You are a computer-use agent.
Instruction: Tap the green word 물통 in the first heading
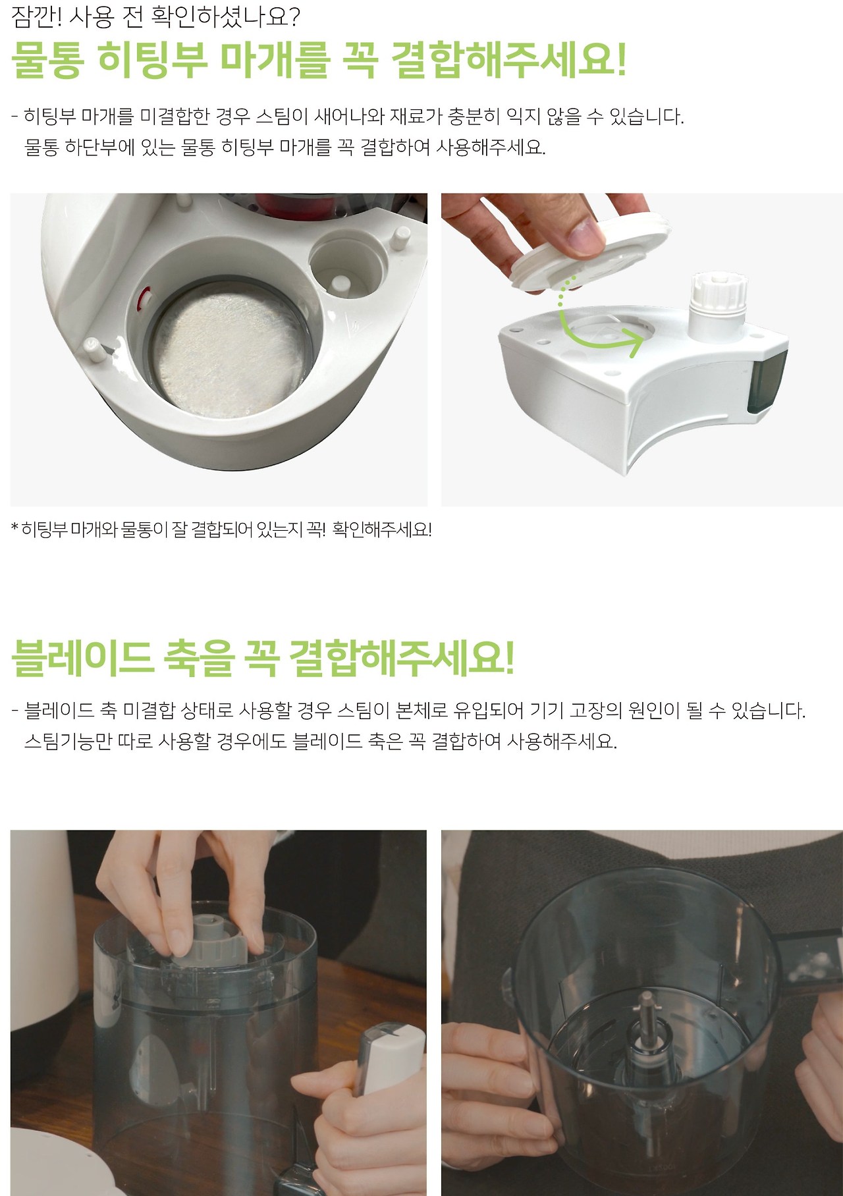48,61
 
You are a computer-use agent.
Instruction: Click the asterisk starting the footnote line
15,528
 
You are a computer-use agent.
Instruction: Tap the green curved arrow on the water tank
596,319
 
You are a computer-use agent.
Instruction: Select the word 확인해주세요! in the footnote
382,529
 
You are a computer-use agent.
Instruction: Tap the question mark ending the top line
294,16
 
